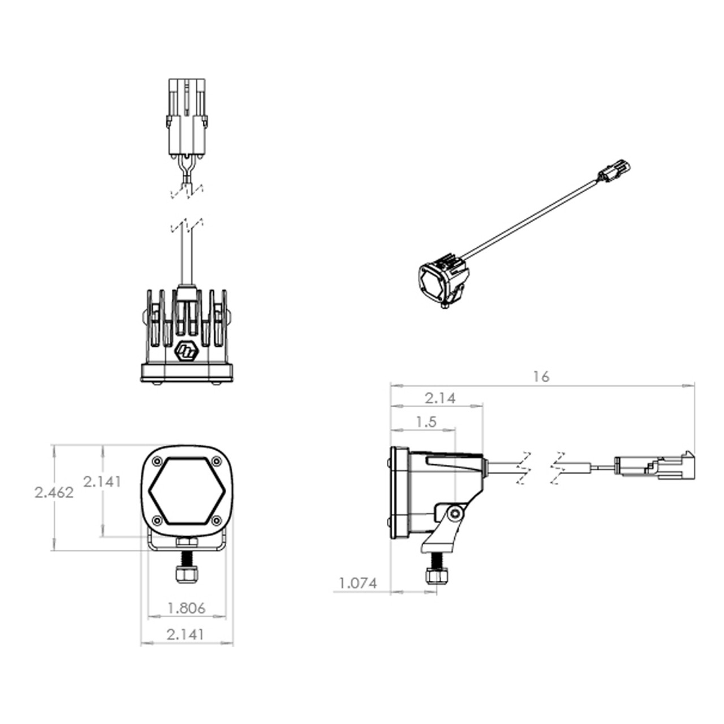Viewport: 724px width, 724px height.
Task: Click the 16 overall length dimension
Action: click(541, 377)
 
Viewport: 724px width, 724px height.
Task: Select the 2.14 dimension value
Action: click(440, 398)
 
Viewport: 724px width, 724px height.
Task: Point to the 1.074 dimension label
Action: click(358, 584)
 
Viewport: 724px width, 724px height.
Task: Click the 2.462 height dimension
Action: click(54, 493)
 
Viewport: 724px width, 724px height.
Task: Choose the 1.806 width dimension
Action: click(187, 608)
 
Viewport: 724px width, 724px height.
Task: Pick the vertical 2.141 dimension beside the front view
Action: click(102, 482)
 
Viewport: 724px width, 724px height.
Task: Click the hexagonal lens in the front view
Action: click(187, 491)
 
